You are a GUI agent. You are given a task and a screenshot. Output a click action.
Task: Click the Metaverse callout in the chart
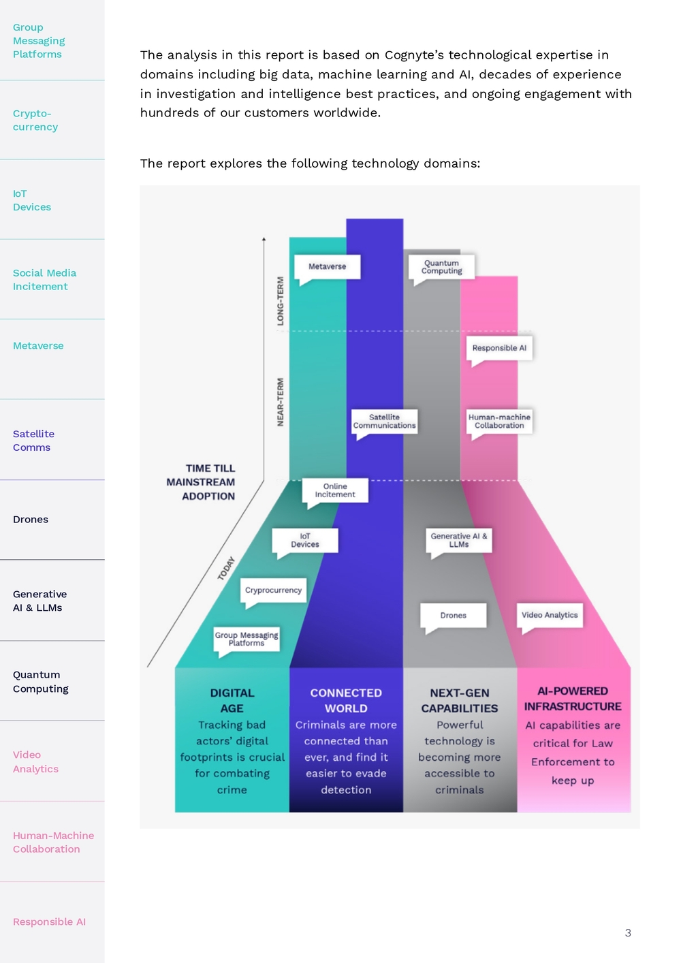click(327, 267)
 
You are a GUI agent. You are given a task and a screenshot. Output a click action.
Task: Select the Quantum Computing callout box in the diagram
click(441, 267)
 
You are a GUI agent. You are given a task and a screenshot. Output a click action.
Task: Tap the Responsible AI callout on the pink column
click(499, 348)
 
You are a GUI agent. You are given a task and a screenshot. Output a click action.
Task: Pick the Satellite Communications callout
click(384, 422)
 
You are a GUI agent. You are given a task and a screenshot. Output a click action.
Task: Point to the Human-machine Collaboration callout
click(499, 422)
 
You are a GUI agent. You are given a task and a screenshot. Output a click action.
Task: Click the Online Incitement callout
click(335, 490)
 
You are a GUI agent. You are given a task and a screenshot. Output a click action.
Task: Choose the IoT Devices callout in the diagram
click(305, 540)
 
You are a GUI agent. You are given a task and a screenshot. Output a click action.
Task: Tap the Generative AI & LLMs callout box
click(459, 540)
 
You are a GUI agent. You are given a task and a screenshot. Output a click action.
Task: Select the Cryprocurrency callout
click(274, 590)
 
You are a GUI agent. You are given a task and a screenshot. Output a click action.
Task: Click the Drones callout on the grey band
click(453, 615)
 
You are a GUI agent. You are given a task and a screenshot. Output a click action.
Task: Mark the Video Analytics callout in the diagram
click(550, 615)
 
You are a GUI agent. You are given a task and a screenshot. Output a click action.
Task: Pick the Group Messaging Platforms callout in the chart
click(247, 640)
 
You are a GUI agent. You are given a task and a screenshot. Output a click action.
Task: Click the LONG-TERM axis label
click(281, 301)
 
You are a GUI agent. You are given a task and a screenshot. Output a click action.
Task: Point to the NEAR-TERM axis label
click(281, 402)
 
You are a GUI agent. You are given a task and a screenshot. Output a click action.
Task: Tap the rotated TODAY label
click(226, 569)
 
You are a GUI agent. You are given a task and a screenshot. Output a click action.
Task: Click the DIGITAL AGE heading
click(232, 700)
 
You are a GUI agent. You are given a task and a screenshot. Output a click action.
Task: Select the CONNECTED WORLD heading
click(346, 700)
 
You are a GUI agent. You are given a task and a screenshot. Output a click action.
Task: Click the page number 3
click(628, 933)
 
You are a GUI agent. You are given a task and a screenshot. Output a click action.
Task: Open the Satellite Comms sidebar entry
click(33, 441)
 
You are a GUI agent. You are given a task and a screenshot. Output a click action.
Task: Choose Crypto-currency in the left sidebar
click(35, 121)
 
